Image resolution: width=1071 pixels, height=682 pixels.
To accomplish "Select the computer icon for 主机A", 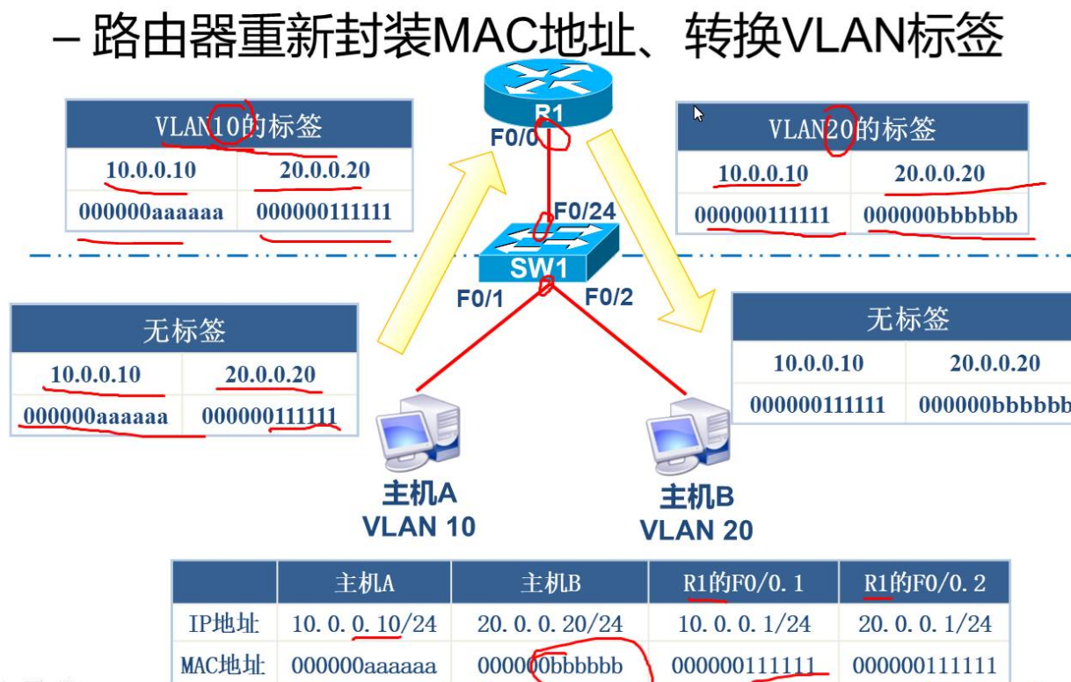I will [419, 435].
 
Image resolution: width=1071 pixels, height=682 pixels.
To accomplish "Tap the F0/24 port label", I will [584, 211].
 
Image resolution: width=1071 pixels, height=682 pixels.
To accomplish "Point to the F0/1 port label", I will [479, 299].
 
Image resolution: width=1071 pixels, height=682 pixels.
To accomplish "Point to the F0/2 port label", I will [609, 297].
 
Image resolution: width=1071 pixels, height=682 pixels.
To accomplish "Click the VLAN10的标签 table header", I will [238, 127].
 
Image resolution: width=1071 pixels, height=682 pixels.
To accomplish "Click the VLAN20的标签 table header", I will [851, 129].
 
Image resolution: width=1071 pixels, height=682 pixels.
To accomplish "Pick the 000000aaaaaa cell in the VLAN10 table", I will [150, 212].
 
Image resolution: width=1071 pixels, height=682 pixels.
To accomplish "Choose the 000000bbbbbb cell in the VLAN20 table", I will [939, 216].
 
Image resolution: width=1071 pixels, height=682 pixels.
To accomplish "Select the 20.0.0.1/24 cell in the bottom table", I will [924, 624].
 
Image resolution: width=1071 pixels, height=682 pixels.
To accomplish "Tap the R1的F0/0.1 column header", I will [743, 583].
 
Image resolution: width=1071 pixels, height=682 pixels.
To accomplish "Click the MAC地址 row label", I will [223, 665].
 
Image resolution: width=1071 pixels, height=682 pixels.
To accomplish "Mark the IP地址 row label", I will [223, 624].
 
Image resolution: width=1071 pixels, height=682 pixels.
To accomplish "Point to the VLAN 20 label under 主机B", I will [696, 530].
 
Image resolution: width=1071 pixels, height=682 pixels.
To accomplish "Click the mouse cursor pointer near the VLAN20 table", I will [698, 114].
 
